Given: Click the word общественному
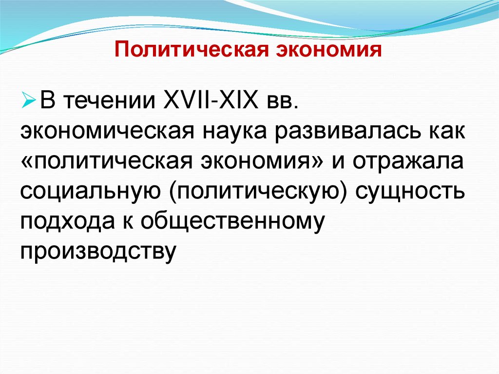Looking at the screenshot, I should tap(233, 221).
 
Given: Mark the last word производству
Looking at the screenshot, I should tap(97, 250).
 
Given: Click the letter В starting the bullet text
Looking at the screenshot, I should tap(47, 103).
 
